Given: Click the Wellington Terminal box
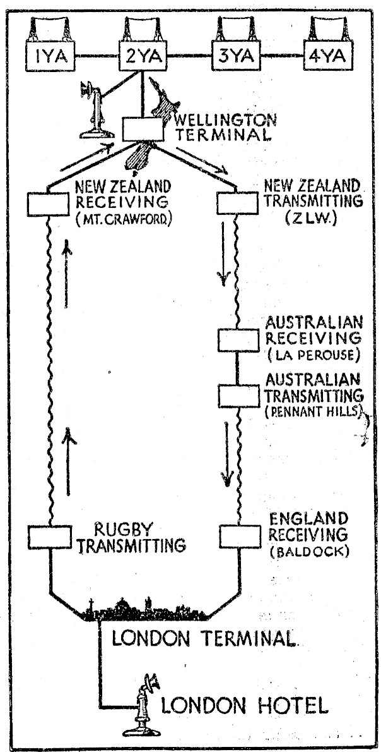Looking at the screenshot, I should [x=143, y=129].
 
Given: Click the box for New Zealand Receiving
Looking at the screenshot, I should [x=48, y=203].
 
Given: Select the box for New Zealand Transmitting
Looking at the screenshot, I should [x=235, y=203].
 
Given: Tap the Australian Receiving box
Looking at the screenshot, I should [x=238, y=340].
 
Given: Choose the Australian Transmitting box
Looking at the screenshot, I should [x=238, y=396].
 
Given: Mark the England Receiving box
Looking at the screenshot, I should [x=239, y=536].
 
